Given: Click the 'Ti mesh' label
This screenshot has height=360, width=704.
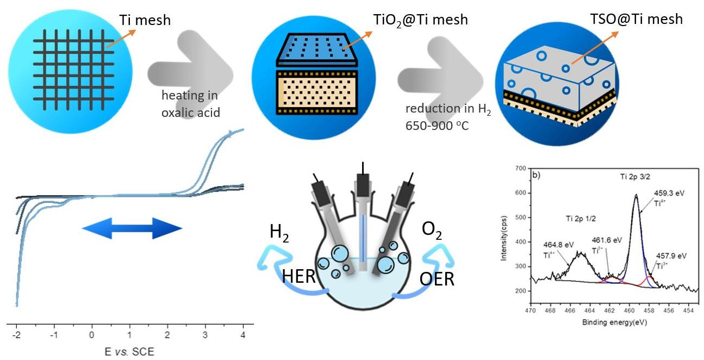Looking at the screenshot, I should pyautogui.click(x=145, y=21).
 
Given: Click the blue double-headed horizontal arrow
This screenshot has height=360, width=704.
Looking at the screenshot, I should pyautogui.click(x=132, y=228).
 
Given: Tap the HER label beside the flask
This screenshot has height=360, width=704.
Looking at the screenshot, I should pyautogui.click(x=299, y=276).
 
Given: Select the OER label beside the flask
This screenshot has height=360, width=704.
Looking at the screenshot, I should pyautogui.click(x=438, y=279).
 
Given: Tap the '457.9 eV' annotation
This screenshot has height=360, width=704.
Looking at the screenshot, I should pyautogui.click(x=670, y=256).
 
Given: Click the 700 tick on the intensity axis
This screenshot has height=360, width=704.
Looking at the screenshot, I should pyautogui.click(x=521, y=169).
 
